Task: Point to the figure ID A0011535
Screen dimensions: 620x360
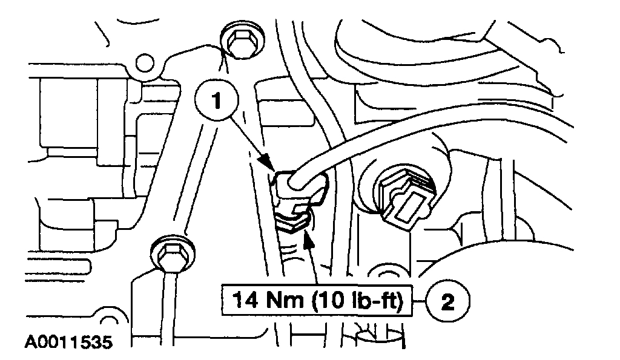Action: (68, 342)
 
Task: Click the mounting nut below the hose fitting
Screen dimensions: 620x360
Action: (294, 219)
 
